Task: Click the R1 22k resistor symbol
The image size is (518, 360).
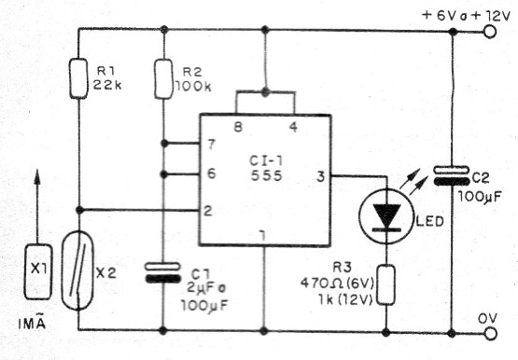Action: (78, 78)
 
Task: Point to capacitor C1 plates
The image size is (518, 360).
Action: (162, 272)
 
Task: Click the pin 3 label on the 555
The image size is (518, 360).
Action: (320, 175)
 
